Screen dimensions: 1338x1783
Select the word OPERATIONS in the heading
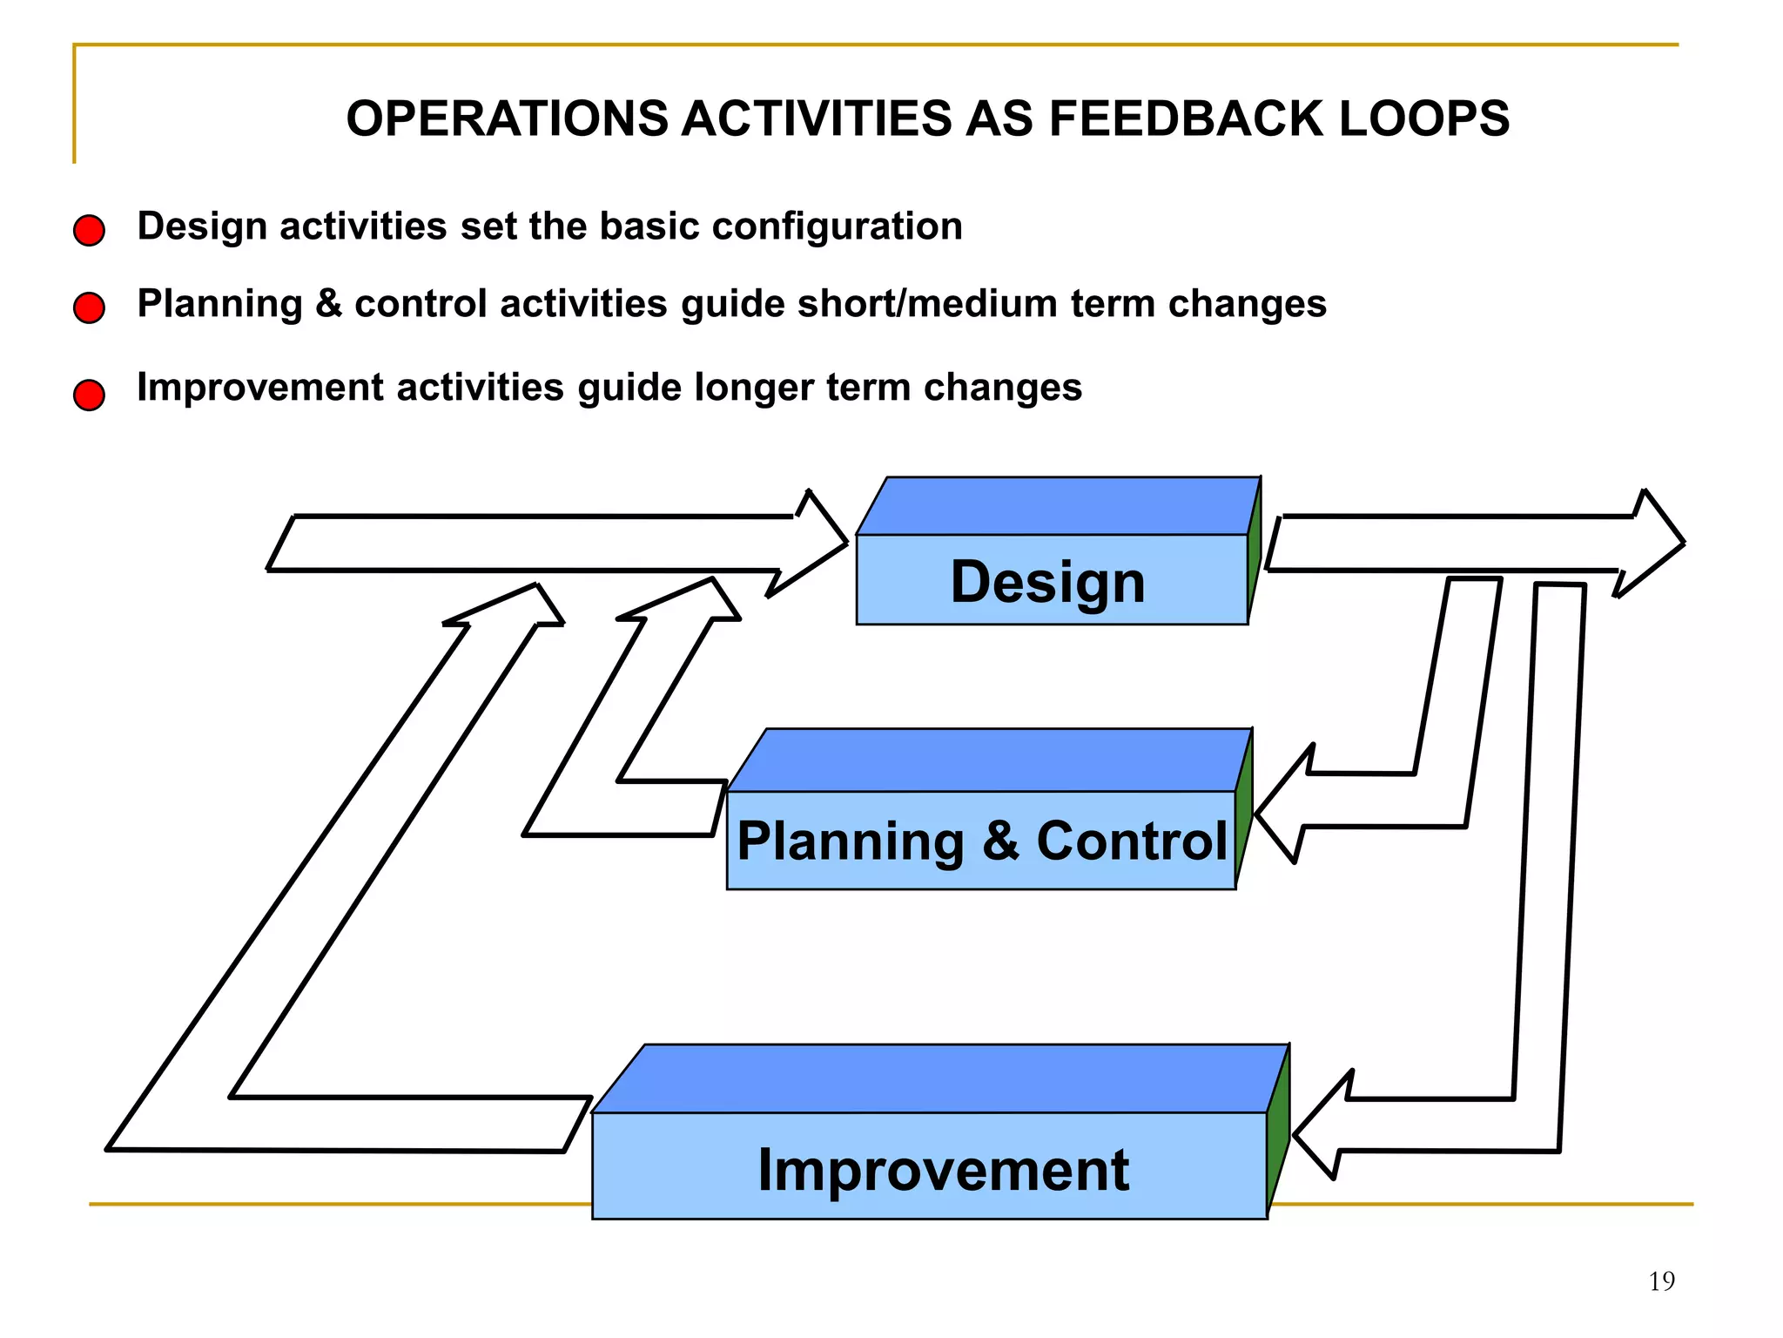[507, 118]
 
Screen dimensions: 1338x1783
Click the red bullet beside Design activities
[89, 231]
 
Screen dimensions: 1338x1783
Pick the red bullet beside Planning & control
[89, 307]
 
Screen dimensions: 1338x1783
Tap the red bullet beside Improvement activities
[89, 395]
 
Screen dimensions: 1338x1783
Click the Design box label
[1047, 581]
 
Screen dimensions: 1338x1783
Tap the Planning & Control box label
[981, 841]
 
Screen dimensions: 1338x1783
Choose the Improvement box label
[943, 1169]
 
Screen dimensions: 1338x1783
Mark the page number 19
[1661, 1281]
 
